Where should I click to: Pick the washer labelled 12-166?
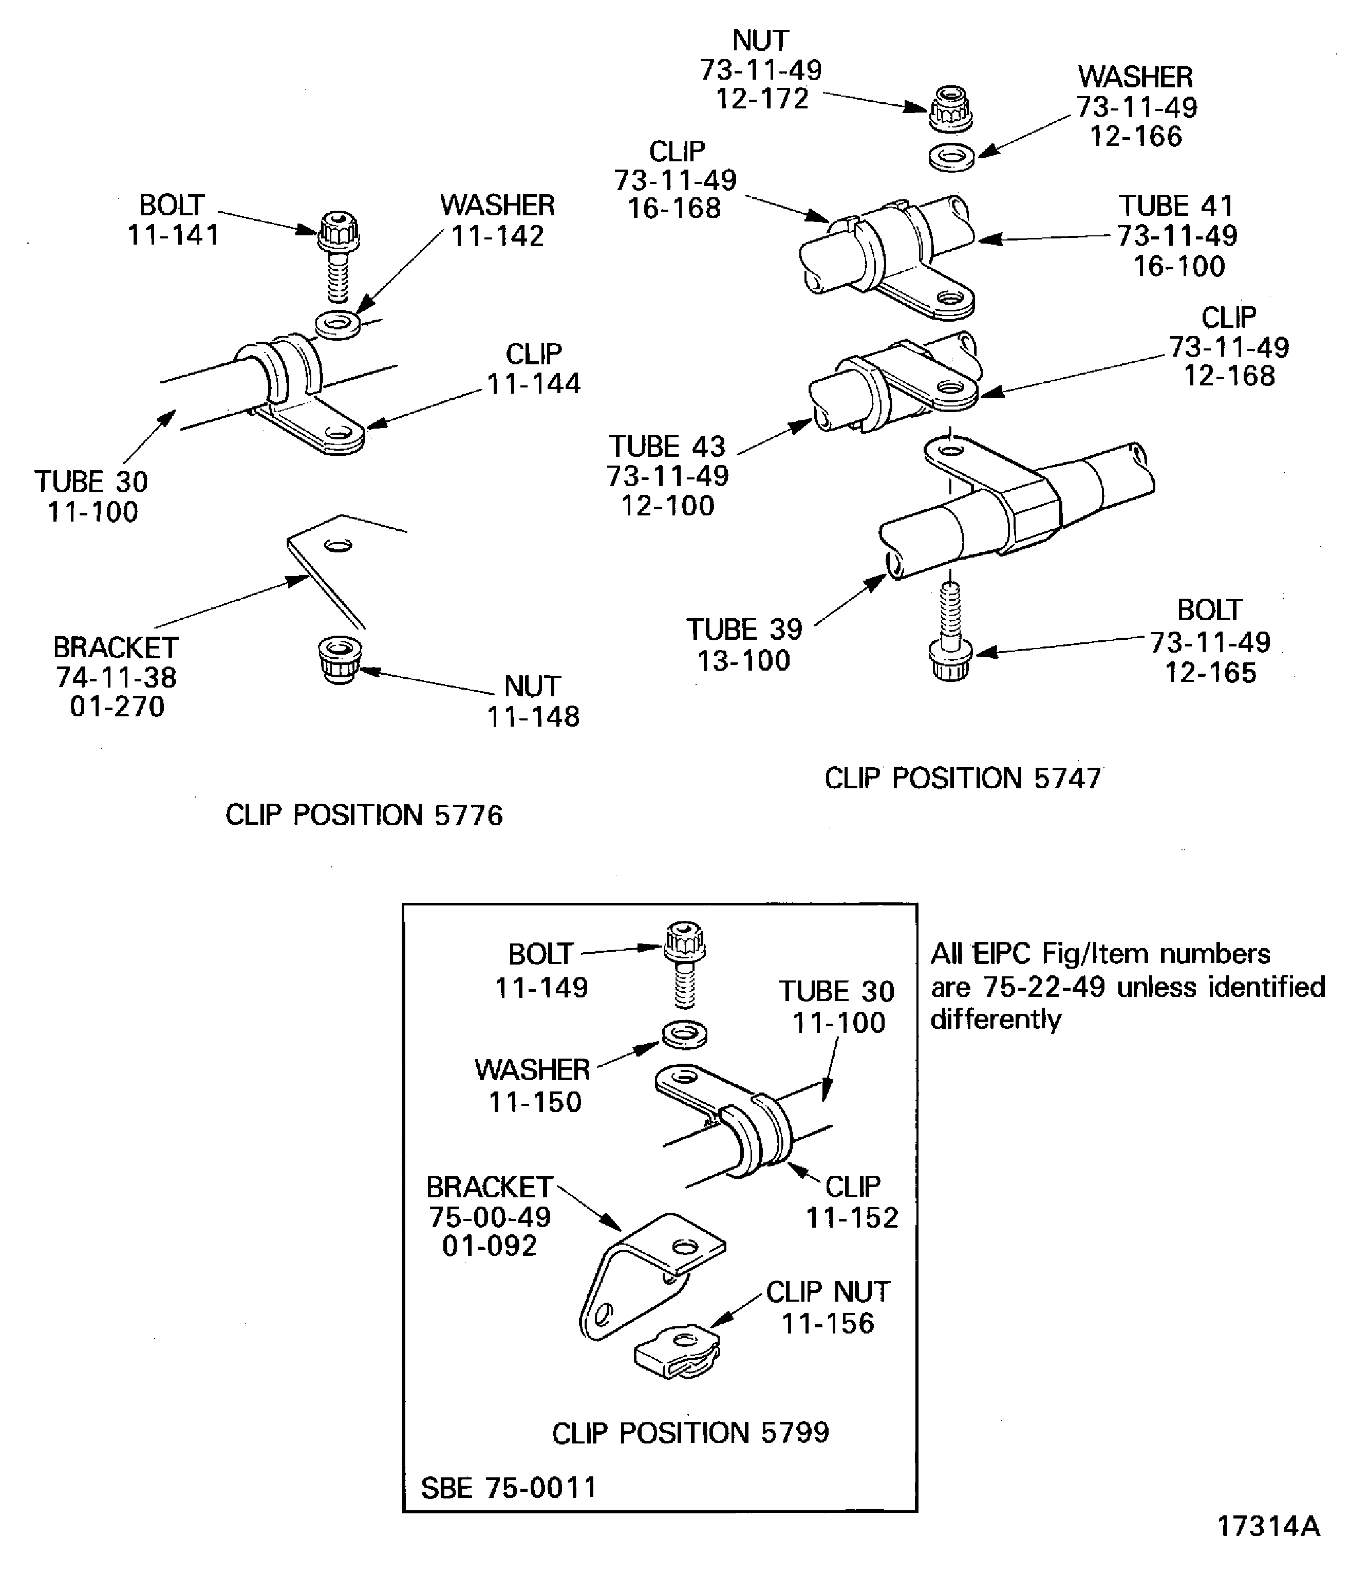[x=952, y=157]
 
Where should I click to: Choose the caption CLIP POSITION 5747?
[x=963, y=778]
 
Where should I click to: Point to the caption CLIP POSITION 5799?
[x=690, y=1433]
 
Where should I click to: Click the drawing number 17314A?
[x=1268, y=1526]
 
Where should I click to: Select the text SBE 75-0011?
[x=509, y=1488]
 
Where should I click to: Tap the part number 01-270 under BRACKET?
[x=117, y=707]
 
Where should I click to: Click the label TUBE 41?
[x=1176, y=206]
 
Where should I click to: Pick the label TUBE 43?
[x=667, y=446]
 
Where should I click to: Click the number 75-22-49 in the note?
[x=1043, y=987]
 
